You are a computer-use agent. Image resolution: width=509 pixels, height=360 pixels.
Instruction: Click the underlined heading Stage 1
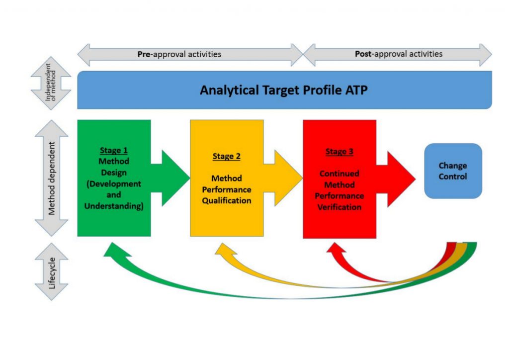click(x=114, y=150)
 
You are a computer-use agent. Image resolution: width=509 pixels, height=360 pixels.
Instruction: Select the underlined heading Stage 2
click(x=227, y=156)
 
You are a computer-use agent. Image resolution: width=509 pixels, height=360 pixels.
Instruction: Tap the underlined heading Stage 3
click(x=339, y=152)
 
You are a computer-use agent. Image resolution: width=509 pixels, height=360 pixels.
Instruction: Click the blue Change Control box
click(x=453, y=171)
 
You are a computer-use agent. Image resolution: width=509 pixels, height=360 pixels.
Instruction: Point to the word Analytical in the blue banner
click(x=229, y=90)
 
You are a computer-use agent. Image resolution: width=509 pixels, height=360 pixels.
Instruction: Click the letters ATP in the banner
click(x=356, y=90)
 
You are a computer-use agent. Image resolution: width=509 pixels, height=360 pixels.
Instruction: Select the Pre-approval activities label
click(x=179, y=54)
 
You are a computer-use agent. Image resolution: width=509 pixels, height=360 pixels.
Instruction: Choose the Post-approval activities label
click(x=399, y=54)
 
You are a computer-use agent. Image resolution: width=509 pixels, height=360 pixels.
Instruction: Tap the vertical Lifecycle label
click(x=52, y=273)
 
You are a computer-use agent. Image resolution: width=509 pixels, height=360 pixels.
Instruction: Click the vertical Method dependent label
click(x=52, y=178)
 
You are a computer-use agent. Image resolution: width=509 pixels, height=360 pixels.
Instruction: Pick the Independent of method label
click(x=51, y=82)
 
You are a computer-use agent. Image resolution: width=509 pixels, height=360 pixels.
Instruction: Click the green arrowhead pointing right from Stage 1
click(x=175, y=178)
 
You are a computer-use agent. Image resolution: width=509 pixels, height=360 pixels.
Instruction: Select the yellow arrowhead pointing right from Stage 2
click(x=288, y=178)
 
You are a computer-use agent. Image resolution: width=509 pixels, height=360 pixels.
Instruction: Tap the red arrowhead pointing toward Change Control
click(x=401, y=179)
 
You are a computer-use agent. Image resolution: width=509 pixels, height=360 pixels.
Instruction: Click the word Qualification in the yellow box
click(x=227, y=200)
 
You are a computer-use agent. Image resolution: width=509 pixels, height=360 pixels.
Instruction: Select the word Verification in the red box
click(x=339, y=207)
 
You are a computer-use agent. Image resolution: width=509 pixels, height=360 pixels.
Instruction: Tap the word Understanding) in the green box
click(x=114, y=206)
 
